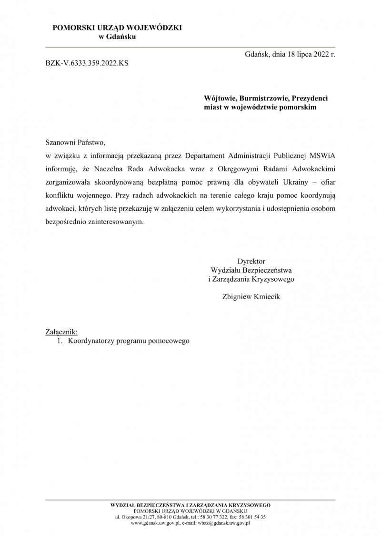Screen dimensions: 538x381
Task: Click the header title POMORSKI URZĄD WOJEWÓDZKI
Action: point(117,29)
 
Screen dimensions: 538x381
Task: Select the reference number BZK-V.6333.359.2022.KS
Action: point(87,62)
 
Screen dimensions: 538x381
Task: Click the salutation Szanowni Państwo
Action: point(74,142)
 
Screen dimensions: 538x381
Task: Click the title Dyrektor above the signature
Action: point(251,261)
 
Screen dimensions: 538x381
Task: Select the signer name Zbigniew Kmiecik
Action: point(251,296)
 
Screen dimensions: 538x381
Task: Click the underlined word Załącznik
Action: point(60,332)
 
